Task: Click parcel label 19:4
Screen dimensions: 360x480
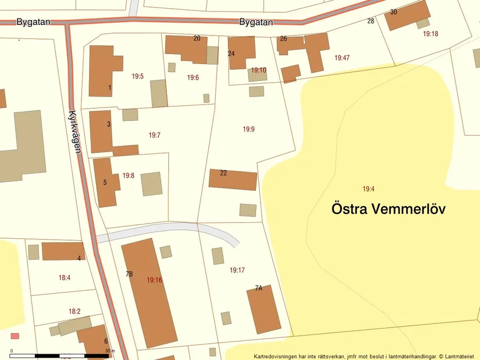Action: point(368,189)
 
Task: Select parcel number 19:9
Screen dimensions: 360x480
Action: point(249,129)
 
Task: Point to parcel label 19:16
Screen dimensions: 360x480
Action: point(154,280)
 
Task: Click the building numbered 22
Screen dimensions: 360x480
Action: point(233,181)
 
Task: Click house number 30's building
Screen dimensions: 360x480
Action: point(407,16)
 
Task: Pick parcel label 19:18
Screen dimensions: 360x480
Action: point(431,34)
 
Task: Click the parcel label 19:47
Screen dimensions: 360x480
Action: point(342,58)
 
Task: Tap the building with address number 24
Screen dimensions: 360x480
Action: point(241,52)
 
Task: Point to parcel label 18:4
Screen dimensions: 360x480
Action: point(65,278)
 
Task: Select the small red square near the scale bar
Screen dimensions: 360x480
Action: point(15,336)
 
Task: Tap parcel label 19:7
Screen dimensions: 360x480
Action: point(154,135)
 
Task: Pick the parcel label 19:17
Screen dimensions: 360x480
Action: point(237,270)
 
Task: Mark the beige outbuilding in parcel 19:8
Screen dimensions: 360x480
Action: point(151,183)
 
